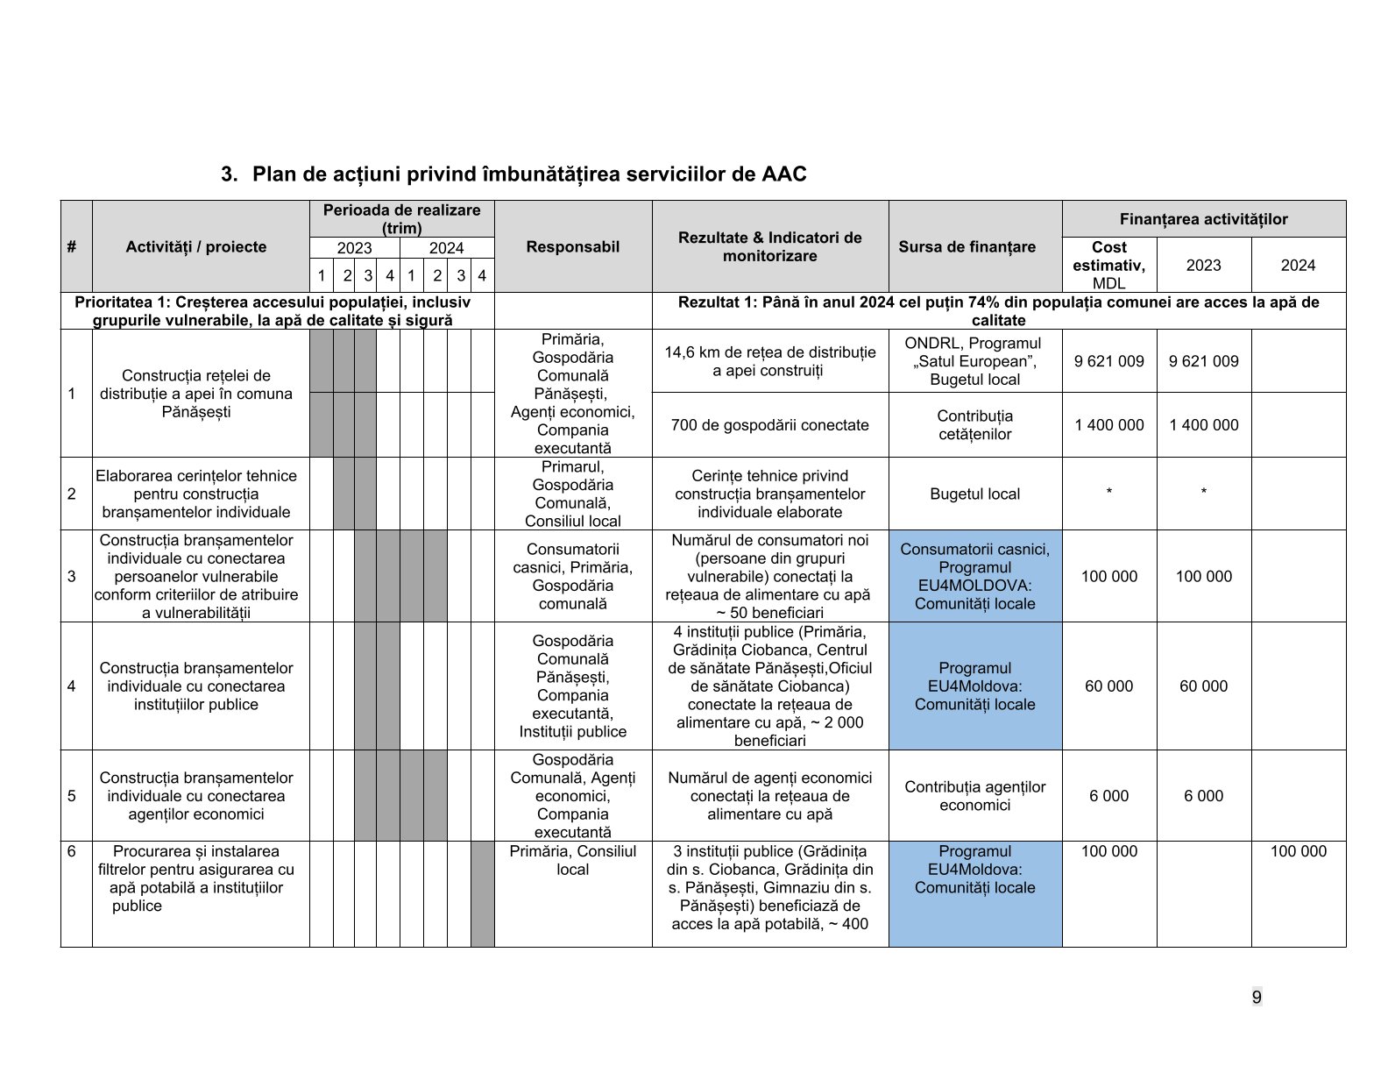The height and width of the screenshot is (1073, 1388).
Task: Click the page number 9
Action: click(x=1257, y=997)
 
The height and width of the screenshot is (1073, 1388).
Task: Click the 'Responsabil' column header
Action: click(x=572, y=246)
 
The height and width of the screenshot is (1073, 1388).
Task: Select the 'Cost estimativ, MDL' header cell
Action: click(x=1108, y=265)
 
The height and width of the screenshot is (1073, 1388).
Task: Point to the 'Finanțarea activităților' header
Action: click(x=1203, y=218)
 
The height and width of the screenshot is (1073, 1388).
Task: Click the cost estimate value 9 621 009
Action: click(x=1108, y=360)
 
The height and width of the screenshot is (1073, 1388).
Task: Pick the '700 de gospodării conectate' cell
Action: click(x=769, y=425)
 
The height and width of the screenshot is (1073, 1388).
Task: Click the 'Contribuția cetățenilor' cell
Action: click(x=974, y=425)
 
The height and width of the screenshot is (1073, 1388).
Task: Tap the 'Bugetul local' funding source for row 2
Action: click(x=974, y=494)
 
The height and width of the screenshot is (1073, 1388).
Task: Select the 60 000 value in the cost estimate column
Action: click(x=1108, y=686)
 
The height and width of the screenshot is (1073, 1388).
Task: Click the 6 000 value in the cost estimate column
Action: click(x=1108, y=796)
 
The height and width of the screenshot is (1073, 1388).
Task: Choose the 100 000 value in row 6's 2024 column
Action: click(x=1298, y=851)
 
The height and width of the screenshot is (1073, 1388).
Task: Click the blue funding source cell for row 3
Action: click(x=974, y=576)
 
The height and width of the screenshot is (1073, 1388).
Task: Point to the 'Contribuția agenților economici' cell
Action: click(x=974, y=796)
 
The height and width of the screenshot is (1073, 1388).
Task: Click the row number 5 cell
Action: click(x=72, y=796)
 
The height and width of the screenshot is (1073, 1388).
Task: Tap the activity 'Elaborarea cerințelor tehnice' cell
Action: click(x=196, y=494)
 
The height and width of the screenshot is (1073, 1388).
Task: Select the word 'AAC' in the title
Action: click(x=783, y=174)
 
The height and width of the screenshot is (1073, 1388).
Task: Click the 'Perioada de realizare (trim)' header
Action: click(x=401, y=219)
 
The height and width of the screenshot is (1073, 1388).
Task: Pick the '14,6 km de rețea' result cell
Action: click(x=769, y=361)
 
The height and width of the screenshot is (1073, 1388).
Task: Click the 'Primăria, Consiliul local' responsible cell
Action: click(x=572, y=860)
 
